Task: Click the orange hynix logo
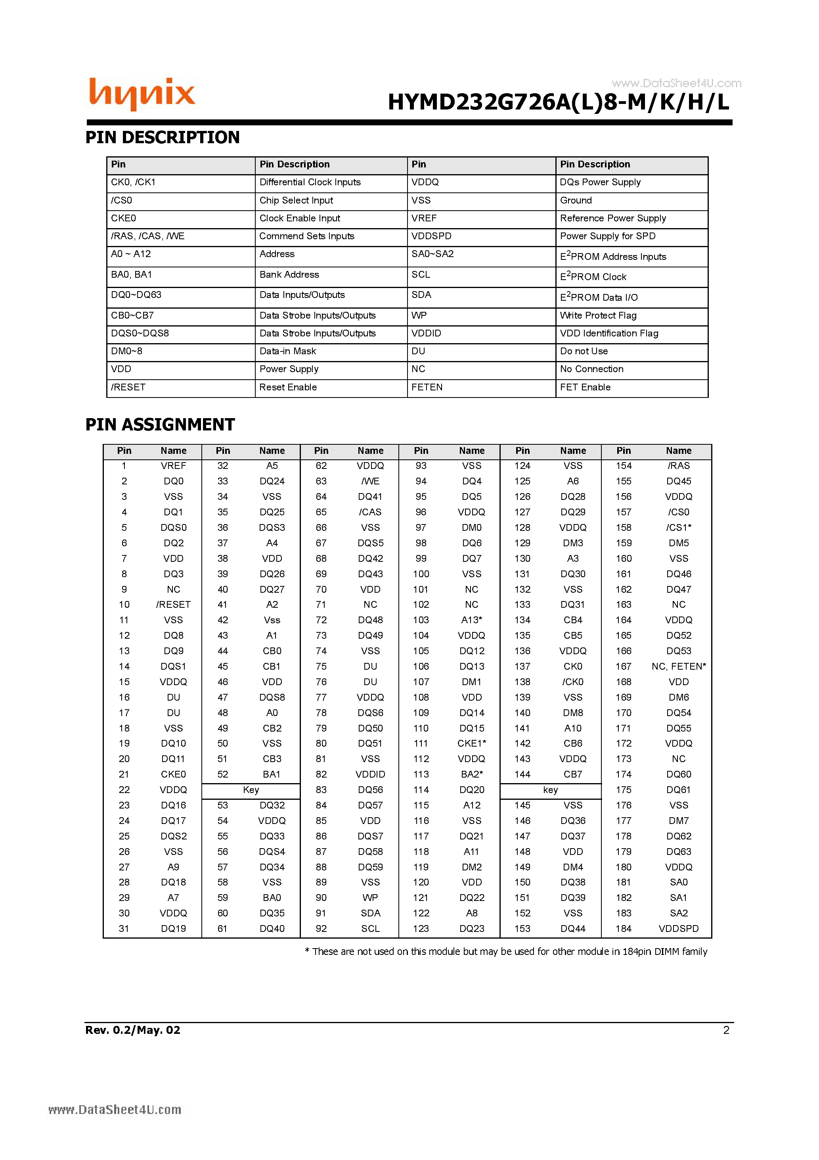point(142,94)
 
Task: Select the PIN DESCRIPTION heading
point(162,137)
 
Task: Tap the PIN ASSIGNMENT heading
point(160,424)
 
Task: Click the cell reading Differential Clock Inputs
point(310,182)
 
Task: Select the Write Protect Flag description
point(598,316)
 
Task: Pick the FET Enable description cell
point(585,388)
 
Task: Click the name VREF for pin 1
point(173,466)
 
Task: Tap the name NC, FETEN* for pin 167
point(678,666)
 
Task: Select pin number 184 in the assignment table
point(623,929)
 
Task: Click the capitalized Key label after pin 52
point(251,790)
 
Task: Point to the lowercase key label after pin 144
point(550,790)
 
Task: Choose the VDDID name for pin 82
point(370,774)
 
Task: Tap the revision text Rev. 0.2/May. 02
point(132,1030)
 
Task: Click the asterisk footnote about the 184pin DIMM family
point(505,952)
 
